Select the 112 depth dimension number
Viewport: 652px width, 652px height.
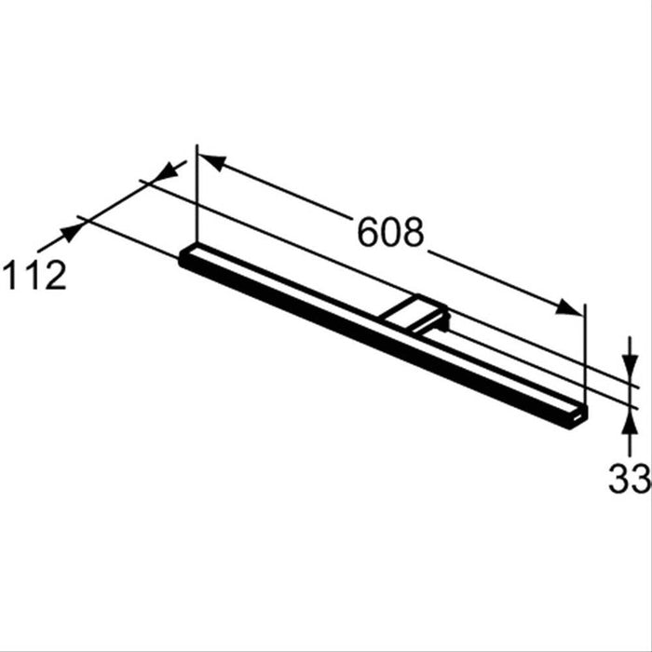click(34, 276)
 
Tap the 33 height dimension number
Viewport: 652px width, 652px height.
click(629, 480)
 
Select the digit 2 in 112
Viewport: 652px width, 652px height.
click(55, 276)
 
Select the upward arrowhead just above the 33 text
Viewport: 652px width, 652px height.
click(631, 421)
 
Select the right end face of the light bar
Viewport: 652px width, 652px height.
click(579, 416)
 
